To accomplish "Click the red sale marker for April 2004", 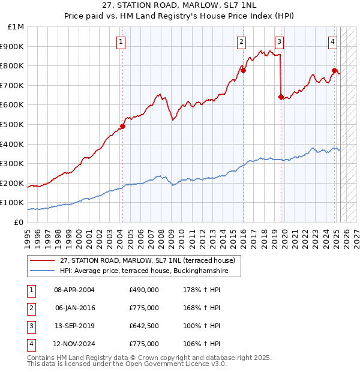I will click(122, 126).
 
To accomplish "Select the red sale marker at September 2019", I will click(281, 96).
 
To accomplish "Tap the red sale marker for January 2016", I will click(244, 70).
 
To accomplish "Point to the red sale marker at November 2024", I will click(334, 70).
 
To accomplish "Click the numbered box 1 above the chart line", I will click(121, 42).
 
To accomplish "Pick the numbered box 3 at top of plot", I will click(280, 42).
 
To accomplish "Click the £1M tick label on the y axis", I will click(16, 26).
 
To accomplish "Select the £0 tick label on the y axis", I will click(19, 222).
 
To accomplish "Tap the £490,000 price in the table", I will click(144, 290).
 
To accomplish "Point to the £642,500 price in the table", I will click(144, 326).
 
